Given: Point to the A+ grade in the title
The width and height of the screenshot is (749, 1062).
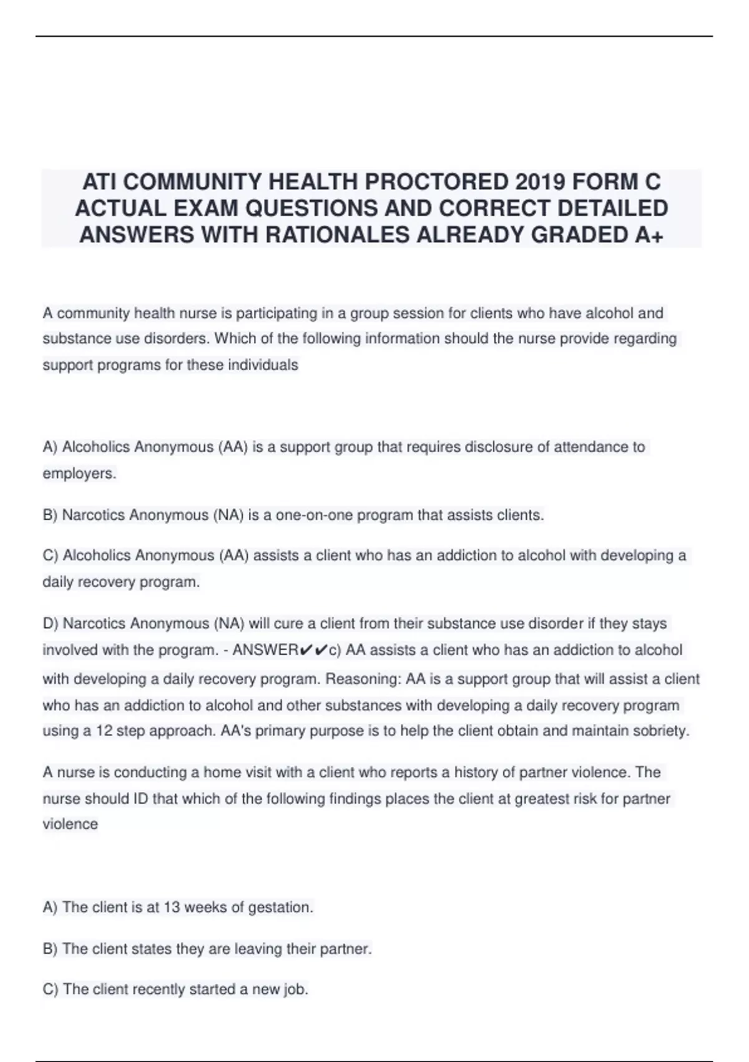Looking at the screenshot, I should click(649, 234).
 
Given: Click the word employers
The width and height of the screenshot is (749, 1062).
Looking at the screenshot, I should click(79, 474).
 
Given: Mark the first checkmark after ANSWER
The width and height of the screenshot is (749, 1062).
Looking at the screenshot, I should click(305, 650).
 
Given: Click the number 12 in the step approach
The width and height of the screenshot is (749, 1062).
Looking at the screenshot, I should click(104, 731).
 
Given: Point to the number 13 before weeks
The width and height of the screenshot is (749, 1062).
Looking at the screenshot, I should click(172, 908).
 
